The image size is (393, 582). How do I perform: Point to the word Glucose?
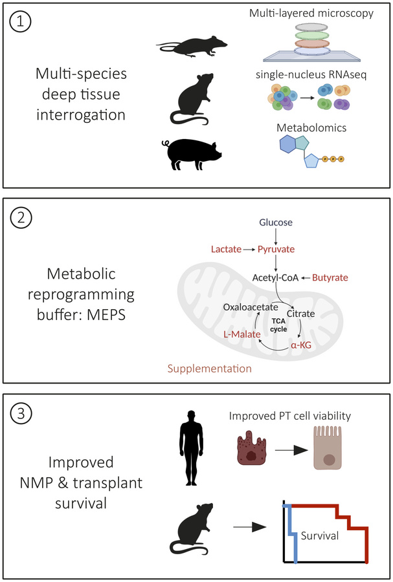tap(276, 222)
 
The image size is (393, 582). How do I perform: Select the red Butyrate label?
tap(330, 277)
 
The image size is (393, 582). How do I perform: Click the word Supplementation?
tap(208, 369)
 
